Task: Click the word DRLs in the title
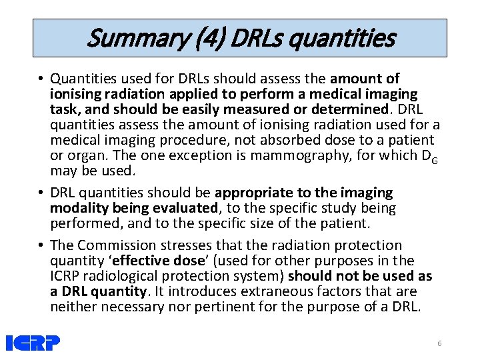253,38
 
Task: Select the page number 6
439,343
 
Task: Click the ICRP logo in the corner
33,343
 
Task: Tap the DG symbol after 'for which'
430,157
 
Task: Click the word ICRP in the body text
67,276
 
